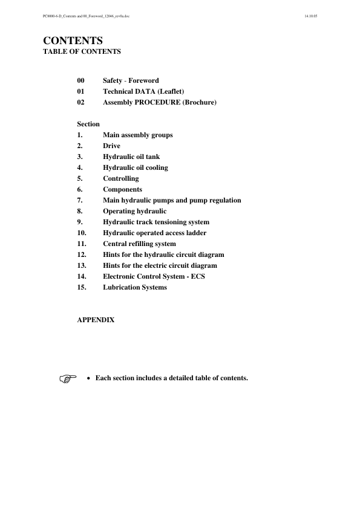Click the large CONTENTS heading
click(x=73, y=41)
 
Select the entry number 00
click(x=81, y=80)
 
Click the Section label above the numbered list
click(x=88, y=124)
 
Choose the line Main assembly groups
click(x=137, y=135)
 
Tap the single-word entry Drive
click(x=111, y=146)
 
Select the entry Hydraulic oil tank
click(x=131, y=157)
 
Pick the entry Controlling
click(x=120, y=178)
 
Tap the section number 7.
click(x=80, y=200)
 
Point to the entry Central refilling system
click(x=139, y=244)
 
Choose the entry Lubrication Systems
click(x=135, y=287)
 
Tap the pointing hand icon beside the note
click(x=70, y=378)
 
